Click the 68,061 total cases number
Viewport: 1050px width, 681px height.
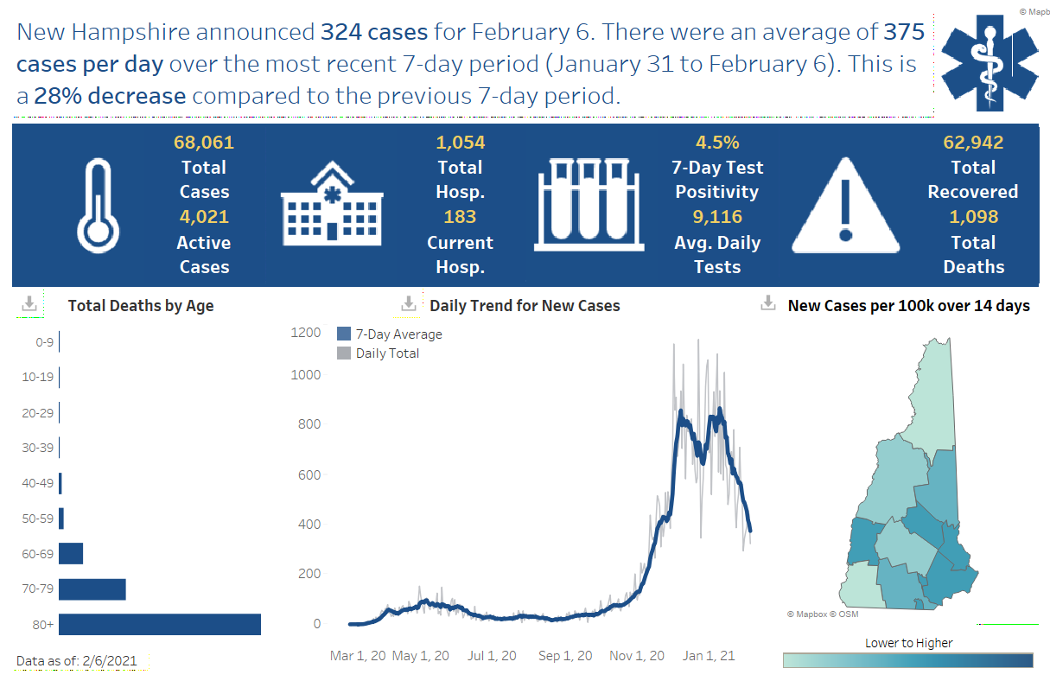pyautogui.click(x=204, y=143)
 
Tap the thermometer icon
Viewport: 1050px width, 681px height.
pyautogui.click(x=97, y=206)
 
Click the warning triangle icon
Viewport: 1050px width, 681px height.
pyautogui.click(x=845, y=206)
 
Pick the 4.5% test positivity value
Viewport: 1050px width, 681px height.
pyautogui.click(x=717, y=143)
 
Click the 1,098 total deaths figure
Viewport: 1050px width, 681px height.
pyautogui.click(x=973, y=217)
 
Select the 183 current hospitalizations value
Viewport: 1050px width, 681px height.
pyautogui.click(x=460, y=217)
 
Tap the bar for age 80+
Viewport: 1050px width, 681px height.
pyautogui.click(x=160, y=624)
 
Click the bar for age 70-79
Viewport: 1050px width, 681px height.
pyautogui.click(x=92, y=589)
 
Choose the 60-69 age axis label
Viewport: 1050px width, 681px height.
pyautogui.click(x=38, y=554)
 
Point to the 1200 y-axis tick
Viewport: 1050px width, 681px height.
pyautogui.click(x=305, y=334)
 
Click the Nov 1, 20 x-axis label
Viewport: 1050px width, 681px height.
pyautogui.click(x=638, y=656)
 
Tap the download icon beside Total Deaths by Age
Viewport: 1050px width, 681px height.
pyautogui.click(x=29, y=304)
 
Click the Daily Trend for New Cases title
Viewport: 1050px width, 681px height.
pyautogui.click(x=525, y=305)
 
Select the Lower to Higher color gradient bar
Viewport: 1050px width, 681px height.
pyautogui.click(x=907, y=660)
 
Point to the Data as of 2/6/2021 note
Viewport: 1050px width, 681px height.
pyautogui.click(x=77, y=661)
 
